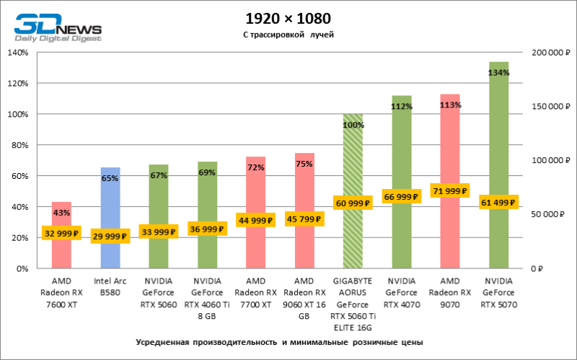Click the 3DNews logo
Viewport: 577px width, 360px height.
pyautogui.click(x=58, y=27)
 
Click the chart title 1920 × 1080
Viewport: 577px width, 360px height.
pyautogui.click(x=288, y=18)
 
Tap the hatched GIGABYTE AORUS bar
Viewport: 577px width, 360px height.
pyautogui.click(x=353, y=166)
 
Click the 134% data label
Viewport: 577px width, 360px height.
pyautogui.click(x=498, y=73)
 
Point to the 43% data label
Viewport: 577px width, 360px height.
pyautogui.click(x=61, y=213)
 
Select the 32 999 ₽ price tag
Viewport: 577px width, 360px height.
pyautogui.click(x=61, y=233)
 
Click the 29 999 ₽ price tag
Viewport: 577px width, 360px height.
pyautogui.click(x=110, y=236)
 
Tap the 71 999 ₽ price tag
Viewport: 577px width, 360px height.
pyautogui.click(x=450, y=191)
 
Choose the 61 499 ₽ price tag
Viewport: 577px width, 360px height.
pyautogui.click(x=499, y=203)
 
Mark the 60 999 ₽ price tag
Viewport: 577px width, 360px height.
pyautogui.click(x=353, y=203)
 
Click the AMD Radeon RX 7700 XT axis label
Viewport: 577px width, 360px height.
pyautogui.click(x=256, y=293)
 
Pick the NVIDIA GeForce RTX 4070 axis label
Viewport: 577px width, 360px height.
pyautogui.click(x=402, y=293)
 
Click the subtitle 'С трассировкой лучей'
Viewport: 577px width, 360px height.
pyautogui.click(x=288, y=34)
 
